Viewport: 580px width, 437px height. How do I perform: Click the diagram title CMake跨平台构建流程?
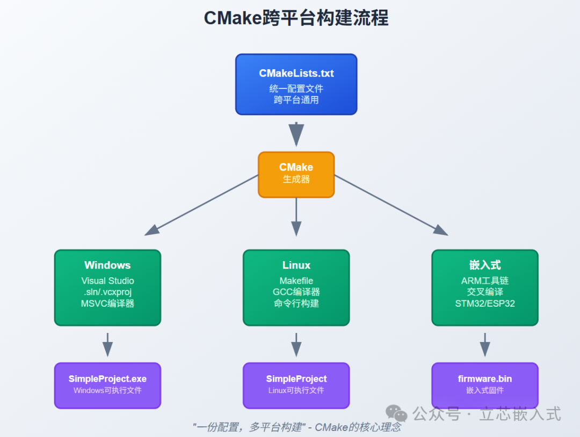(x=296, y=18)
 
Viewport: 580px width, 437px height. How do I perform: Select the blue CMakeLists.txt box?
(x=296, y=84)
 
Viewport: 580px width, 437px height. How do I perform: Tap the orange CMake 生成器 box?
(x=296, y=174)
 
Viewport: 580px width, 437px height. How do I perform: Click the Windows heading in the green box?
(x=107, y=265)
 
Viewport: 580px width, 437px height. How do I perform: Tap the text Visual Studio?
(x=107, y=280)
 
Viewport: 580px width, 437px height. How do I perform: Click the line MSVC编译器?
(x=107, y=303)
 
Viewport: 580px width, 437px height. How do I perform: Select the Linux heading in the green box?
(x=296, y=265)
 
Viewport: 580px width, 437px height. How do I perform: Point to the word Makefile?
(x=296, y=280)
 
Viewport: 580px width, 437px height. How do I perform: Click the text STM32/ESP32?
(x=485, y=303)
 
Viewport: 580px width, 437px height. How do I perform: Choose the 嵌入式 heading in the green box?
(x=485, y=265)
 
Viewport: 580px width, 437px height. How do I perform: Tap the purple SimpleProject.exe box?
(x=107, y=385)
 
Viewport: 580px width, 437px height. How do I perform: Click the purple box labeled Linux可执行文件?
(x=296, y=385)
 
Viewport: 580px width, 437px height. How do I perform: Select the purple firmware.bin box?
(x=485, y=385)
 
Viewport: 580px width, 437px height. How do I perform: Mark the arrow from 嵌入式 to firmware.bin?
(x=485, y=344)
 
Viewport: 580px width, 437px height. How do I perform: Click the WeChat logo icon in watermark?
(x=397, y=413)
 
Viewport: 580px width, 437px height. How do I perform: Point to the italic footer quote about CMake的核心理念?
(x=296, y=427)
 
